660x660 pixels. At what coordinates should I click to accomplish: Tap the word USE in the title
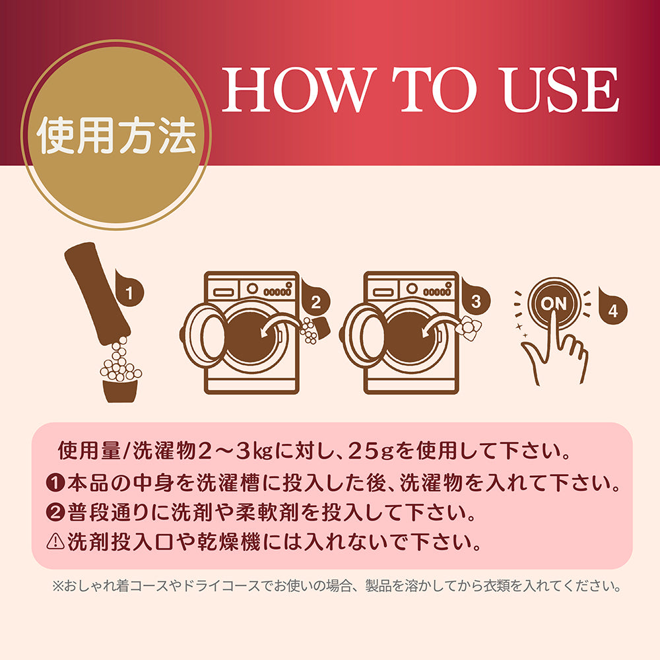[558, 90]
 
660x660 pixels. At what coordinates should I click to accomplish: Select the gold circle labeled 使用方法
[116, 135]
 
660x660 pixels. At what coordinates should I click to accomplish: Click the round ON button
[554, 303]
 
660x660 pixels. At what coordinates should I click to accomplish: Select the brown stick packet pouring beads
[97, 294]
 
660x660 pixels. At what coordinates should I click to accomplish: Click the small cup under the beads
[120, 391]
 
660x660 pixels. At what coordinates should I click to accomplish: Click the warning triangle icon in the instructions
[55, 541]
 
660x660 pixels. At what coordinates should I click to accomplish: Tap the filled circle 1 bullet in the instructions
[55, 483]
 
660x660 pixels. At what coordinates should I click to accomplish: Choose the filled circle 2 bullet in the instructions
[55, 512]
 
